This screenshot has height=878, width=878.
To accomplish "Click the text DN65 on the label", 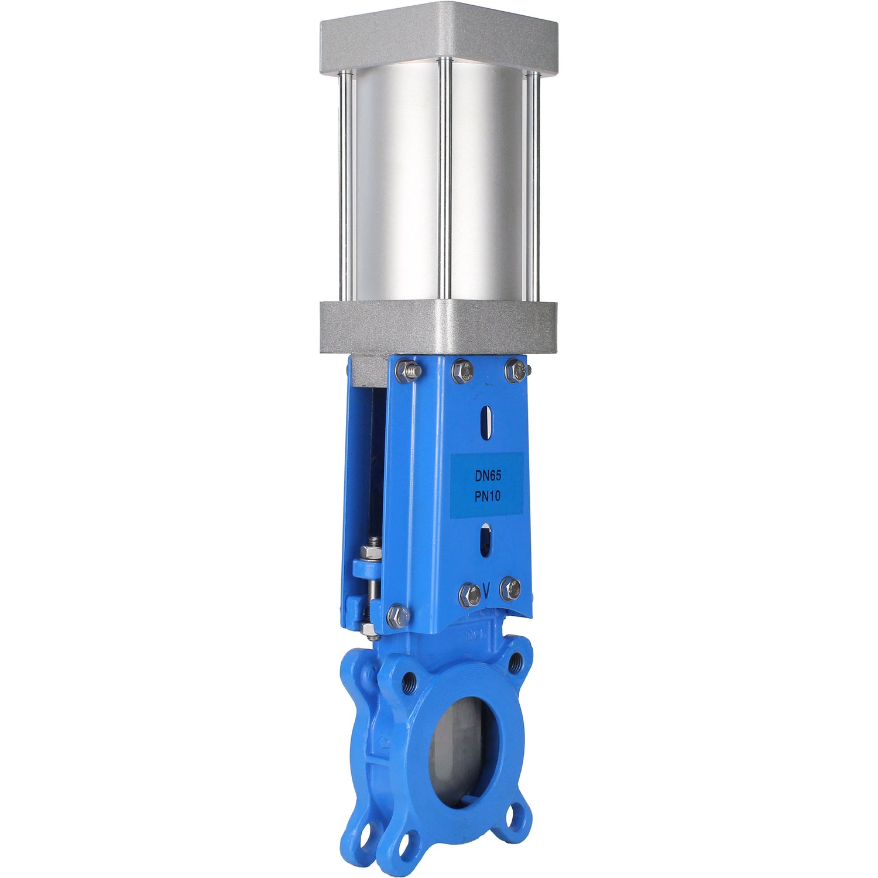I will (x=488, y=477).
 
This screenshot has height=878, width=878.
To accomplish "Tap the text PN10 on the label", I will (x=488, y=496).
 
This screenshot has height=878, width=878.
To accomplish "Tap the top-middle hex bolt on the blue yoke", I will (x=462, y=371).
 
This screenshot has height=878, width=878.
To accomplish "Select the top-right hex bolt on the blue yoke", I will (x=516, y=370).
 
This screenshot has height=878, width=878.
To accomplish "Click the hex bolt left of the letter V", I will (x=470, y=594).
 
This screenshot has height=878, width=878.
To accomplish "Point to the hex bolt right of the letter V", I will (x=510, y=588).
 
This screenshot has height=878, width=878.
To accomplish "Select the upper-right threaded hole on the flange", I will (x=516, y=661).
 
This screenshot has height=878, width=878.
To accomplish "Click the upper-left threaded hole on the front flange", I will (x=408, y=680).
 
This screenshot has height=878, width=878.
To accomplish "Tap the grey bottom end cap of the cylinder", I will (x=439, y=328).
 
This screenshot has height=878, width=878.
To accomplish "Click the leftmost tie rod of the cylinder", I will (x=346, y=181).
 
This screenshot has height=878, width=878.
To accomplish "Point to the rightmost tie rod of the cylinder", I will (x=533, y=181).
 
